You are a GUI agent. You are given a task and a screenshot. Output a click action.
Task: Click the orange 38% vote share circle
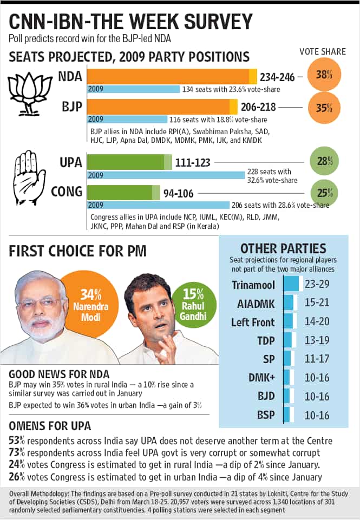click(x=324, y=74)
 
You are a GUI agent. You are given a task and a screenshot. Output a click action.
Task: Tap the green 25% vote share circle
click(x=324, y=193)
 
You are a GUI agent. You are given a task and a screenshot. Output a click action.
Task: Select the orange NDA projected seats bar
click(x=172, y=77)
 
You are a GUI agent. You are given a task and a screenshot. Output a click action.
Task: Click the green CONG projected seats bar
click(x=123, y=193)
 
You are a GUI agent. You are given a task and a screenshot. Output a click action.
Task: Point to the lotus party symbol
click(x=30, y=94)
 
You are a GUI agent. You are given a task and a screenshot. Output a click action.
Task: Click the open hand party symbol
click(x=30, y=179)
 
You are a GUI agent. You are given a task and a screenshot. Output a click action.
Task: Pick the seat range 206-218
click(x=258, y=107)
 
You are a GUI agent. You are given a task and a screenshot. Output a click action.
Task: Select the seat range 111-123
click(x=193, y=162)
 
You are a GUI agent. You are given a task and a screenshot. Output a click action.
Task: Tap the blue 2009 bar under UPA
click(x=166, y=175)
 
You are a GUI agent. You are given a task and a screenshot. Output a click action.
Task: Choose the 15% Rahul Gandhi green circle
click(x=193, y=305)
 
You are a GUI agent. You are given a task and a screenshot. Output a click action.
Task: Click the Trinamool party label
click(x=253, y=285)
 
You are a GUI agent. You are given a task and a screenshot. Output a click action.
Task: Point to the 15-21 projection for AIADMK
click(x=317, y=302)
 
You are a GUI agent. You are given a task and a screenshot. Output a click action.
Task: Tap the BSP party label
click(x=266, y=415)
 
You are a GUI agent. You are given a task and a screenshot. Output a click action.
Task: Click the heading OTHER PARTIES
click(x=283, y=248)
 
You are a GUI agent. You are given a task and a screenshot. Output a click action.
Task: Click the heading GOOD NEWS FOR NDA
click(x=59, y=374)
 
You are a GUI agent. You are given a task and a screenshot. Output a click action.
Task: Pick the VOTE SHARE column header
click(x=323, y=51)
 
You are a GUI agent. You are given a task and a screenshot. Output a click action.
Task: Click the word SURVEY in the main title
click(x=218, y=22)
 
